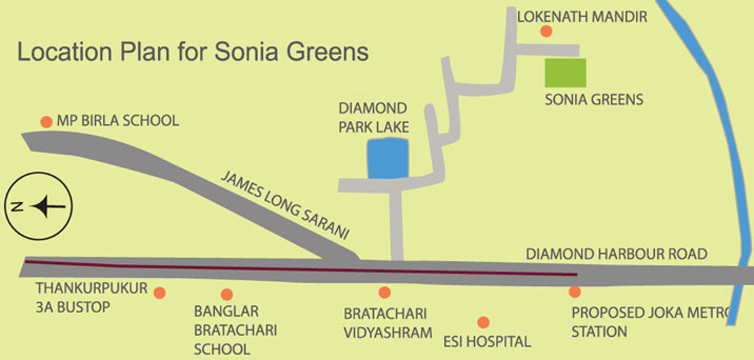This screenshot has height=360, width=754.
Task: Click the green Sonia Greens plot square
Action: pyautogui.click(x=565, y=73)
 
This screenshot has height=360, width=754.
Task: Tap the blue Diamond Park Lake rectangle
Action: pyautogui.click(x=387, y=158)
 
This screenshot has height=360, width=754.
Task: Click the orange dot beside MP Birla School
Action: pyautogui.click(x=46, y=122)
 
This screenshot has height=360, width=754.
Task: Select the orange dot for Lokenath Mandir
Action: pyautogui.click(x=546, y=31)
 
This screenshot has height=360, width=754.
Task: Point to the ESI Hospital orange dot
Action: pyautogui.click(x=483, y=322)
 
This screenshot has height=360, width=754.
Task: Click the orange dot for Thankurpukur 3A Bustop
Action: pyautogui.click(x=160, y=293)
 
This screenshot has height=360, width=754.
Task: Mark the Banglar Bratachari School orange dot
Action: pyautogui.click(x=227, y=294)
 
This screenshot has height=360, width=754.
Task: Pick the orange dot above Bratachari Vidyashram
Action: pyautogui.click(x=385, y=292)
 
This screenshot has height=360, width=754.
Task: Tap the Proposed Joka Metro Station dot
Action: pyautogui.click(x=574, y=292)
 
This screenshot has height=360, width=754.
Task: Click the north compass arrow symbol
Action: pyautogui.click(x=48, y=206)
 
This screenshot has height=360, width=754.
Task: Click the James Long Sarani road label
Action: pyautogui.click(x=285, y=206)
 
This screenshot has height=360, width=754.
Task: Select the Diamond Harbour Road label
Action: pyautogui.click(x=616, y=254)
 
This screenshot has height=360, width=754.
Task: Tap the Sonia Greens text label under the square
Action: pyautogui.click(x=594, y=99)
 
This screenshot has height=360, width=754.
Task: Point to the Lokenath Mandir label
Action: pyautogui.click(x=582, y=17)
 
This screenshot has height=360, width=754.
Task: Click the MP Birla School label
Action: pyautogui.click(x=118, y=121)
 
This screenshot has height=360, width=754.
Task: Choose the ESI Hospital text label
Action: pyautogui.click(x=486, y=342)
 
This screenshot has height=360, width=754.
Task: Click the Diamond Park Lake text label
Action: pyautogui.click(x=373, y=117)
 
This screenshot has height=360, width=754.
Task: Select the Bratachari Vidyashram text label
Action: pyautogui.click(x=387, y=322)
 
